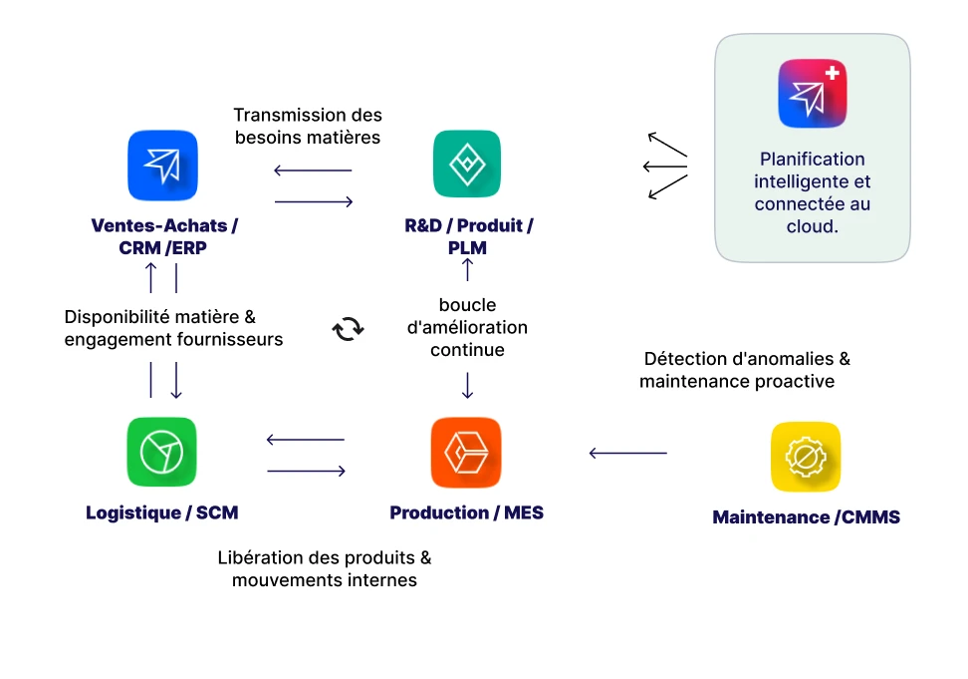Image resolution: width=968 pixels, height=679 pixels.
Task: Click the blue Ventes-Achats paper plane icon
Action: tap(162, 166)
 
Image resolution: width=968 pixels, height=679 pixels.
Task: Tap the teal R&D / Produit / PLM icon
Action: tap(467, 164)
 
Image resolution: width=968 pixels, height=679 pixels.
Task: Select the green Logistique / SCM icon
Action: tap(161, 452)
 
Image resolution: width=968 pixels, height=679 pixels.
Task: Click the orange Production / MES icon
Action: tap(466, 452)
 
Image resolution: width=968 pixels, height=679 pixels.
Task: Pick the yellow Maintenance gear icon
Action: tap(806, 457)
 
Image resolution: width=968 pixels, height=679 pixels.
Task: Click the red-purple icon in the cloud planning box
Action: tap(812, 93)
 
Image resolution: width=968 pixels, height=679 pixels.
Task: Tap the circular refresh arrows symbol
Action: tap(349, 328)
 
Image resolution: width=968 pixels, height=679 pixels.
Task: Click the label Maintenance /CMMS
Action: tap(806, 517)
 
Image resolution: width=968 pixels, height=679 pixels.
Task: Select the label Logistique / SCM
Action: tap(162, 512)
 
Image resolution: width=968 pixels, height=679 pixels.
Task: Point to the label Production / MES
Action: tap(466, 512)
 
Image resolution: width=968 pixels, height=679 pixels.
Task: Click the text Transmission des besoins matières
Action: tap(308, 127)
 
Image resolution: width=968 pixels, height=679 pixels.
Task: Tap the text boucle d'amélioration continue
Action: tap(467, 327)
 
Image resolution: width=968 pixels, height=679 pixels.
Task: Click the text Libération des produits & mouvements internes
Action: tap(325, 568)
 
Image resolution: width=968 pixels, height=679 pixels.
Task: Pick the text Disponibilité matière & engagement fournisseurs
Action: tap(173, 328)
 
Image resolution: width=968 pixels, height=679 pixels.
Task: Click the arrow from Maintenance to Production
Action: tap(627, 453)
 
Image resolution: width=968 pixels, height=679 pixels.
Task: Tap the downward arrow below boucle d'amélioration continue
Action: tap(467, 384)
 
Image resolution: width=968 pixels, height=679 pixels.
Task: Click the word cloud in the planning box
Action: tap(812, 226)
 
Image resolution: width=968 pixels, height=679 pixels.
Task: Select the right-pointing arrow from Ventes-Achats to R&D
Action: tap(314, 201)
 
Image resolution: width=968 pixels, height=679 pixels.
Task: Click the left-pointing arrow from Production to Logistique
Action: tap(306, 440)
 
